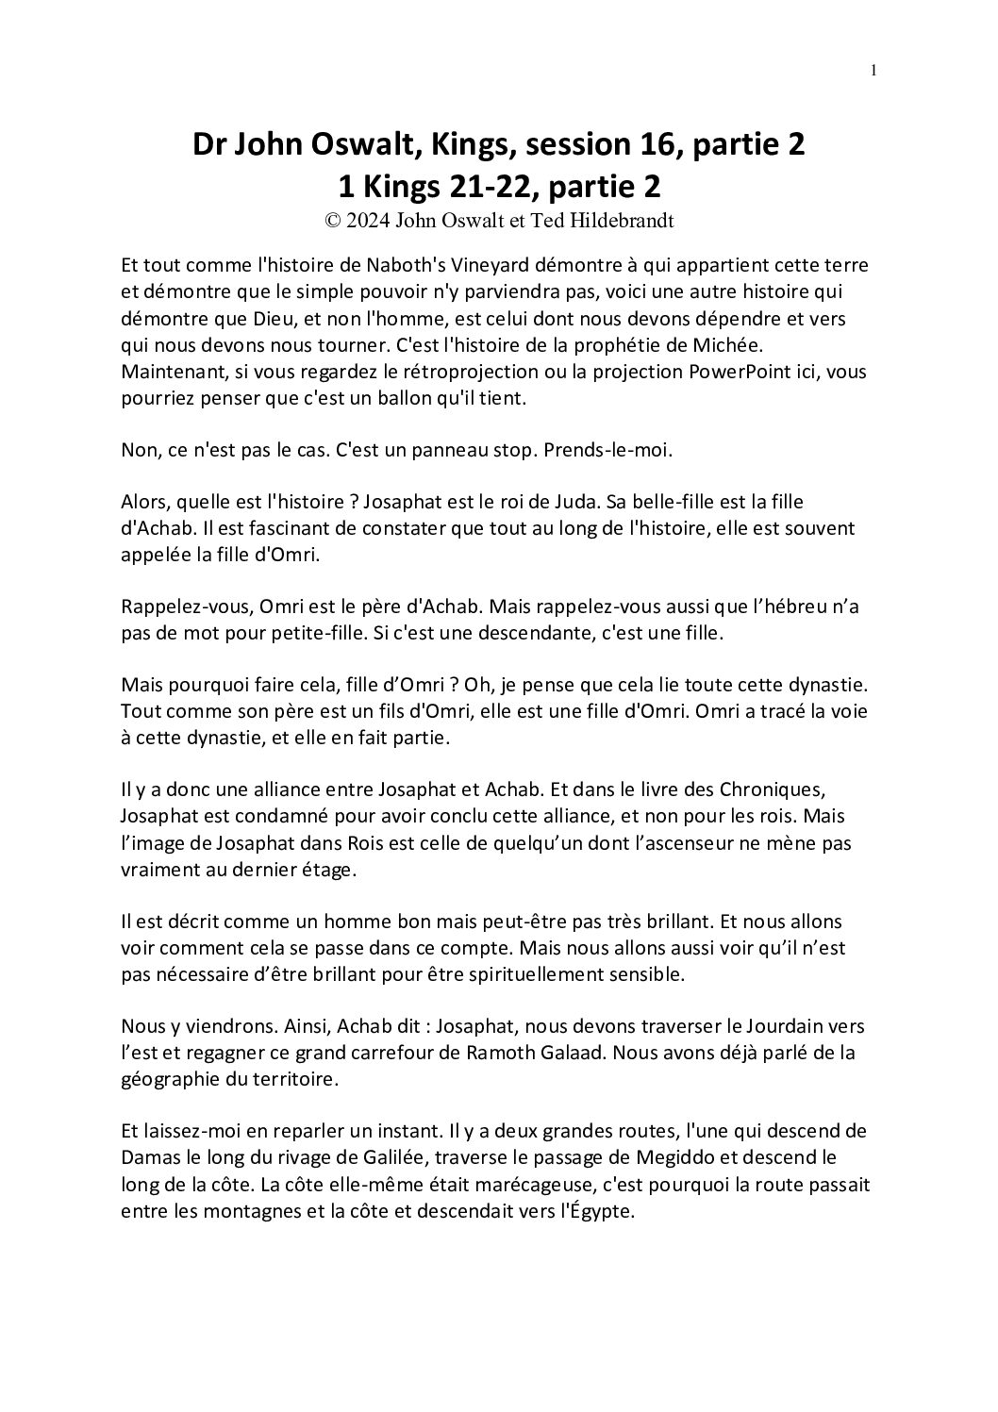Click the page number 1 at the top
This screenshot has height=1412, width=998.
click(x=873, y=70)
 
